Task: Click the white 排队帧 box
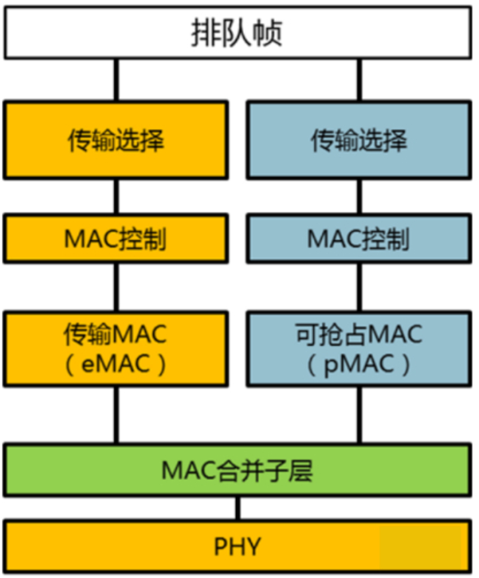(x=238, y=33)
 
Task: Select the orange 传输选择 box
(x=116, y=140)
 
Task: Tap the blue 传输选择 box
(x=359, y=140)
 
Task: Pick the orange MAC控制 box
(x=116, y=239)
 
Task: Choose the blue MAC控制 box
(x=359, y=239)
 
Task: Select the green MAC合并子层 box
(x=238, y=470)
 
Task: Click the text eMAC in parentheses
(x=116, y=364)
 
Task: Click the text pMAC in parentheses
(x=359, y=364)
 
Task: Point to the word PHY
(x=238, y=545)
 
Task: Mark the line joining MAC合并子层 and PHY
(x=238, y=508)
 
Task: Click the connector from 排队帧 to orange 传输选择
(x=116, y=80)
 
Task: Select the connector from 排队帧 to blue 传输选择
(x=359, y=80)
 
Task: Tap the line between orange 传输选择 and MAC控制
(x=116, y=197)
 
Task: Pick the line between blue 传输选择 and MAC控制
(x=359, y=197)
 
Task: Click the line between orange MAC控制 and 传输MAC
(x=116, y=287)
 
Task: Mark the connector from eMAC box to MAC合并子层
(x=116, y=414)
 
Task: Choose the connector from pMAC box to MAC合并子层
(x=359, y=414)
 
